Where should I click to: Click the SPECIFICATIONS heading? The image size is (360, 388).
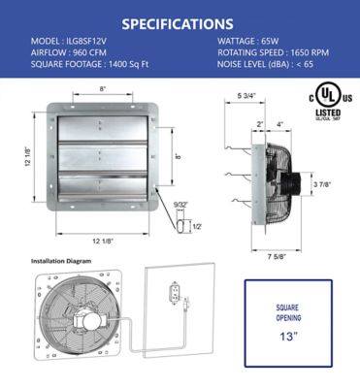tap(180, 22)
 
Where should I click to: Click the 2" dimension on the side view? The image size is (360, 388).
tap(260, 123)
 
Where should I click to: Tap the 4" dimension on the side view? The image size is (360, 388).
tap(280, 123)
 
